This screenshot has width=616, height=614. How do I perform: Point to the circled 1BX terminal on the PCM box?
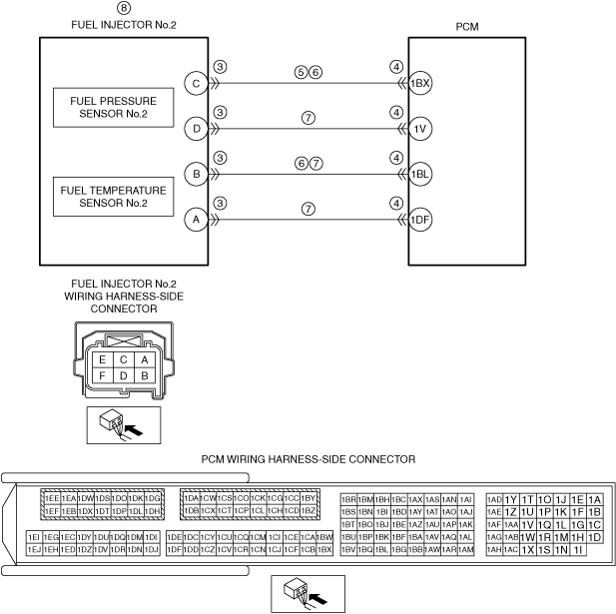[420, 83]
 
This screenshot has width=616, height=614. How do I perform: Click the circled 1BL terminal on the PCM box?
[420, 174]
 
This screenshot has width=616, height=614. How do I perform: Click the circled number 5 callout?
[300, 73]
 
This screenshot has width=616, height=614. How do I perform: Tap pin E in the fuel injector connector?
[101, 359]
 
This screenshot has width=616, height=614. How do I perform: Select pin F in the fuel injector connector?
[101, 376]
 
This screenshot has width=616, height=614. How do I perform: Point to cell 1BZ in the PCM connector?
[308, 511]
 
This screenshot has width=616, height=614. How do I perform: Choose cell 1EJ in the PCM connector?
[34, 549]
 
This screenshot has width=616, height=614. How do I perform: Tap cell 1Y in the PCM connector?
[511, 499]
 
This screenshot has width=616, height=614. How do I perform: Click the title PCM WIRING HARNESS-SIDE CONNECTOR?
[308, 460]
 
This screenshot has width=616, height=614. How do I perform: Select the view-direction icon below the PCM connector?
[308, 594]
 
